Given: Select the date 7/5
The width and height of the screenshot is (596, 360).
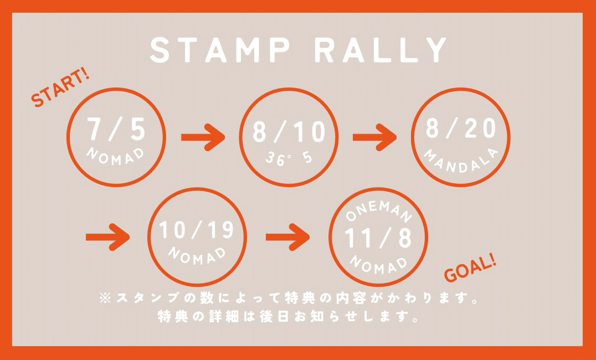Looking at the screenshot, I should point(116,130).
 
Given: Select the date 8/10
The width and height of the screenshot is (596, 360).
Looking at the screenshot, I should point(289,133).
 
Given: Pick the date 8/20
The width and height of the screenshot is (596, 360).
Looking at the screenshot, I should point(460,128).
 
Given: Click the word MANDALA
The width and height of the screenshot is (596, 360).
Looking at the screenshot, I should point(460,161).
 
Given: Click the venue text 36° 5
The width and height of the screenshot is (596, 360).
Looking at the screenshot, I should point(288,158).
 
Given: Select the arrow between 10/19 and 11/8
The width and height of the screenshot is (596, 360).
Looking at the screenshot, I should point(287,237).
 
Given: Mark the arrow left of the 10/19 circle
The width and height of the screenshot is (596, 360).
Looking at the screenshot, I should point(108,237).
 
